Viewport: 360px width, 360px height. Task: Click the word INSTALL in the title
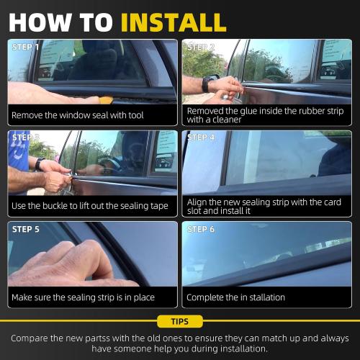(173, 22)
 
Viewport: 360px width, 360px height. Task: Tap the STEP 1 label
(26, 47)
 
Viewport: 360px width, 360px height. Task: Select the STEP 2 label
(202, 47)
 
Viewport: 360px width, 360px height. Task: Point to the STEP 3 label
(26, 138)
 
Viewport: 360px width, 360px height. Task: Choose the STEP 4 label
(202, 138)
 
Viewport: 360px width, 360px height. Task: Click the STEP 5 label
(26, 229)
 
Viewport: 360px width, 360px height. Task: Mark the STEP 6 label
(202, 229)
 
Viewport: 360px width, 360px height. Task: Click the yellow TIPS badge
(179, 321)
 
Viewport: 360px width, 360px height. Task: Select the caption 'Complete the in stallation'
(235, 297)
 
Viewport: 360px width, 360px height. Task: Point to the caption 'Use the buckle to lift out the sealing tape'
(89, 206)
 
